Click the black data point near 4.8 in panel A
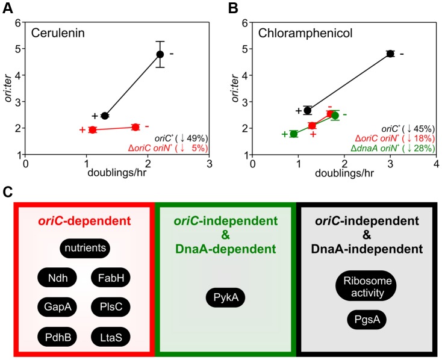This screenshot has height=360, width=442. pos(160,54)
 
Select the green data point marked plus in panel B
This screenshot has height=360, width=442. pos(293,134)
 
